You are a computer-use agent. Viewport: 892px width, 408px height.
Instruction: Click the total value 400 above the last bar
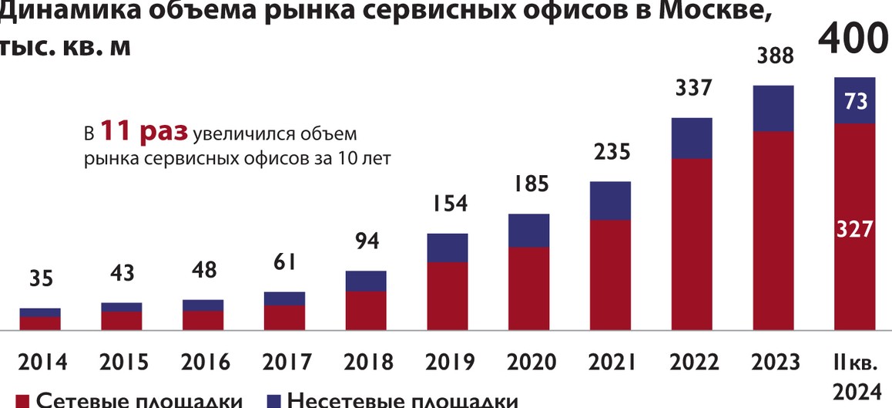click(853, 40)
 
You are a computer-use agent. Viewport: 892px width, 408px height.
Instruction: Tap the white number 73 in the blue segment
click(856, 101)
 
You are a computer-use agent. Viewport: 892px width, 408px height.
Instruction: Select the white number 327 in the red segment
click(856, 229)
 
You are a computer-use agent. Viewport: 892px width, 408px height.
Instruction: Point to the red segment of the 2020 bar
click(528, 288)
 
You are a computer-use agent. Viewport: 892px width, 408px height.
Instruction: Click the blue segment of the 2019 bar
click(448, 248)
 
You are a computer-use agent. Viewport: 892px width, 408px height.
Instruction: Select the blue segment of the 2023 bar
click(773, 108)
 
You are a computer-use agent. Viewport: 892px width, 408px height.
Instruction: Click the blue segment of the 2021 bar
click(610, 201)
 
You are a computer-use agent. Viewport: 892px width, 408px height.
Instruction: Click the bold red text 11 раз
click(144, 132)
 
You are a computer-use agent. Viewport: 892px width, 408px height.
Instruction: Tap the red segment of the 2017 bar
click(284, 318)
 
